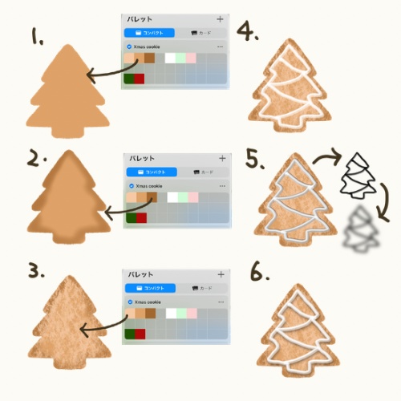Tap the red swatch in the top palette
pos(139,79)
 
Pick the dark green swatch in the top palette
pos(129,79)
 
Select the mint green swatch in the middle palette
pos(181,197)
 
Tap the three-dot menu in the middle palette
pos(221,185)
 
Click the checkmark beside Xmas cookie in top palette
pos(128,47)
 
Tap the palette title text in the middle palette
pos(141,158)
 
